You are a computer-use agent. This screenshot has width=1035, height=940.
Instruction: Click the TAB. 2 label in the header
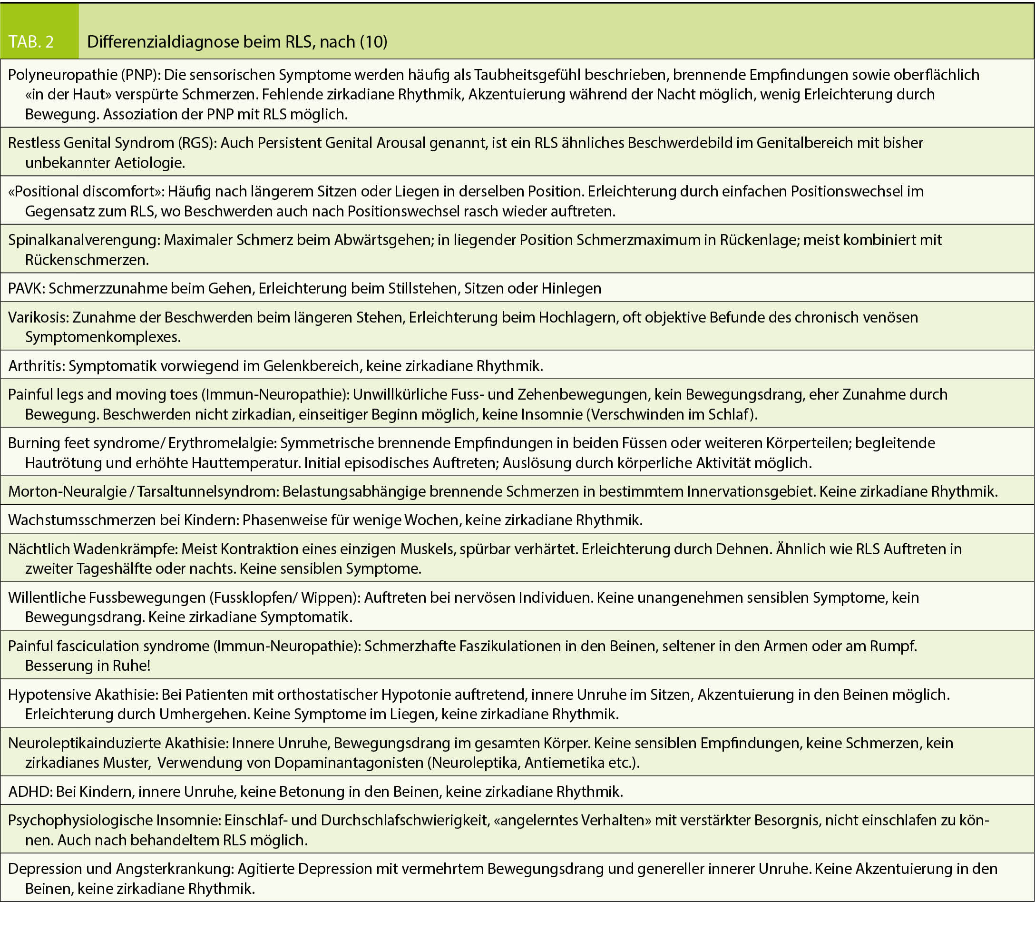coord(31,41)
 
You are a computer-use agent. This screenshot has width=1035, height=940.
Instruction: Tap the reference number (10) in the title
coord(373,41)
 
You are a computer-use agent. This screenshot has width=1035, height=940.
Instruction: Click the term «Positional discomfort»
coord(85,192)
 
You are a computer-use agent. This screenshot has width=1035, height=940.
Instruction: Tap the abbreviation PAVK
coord(26,289)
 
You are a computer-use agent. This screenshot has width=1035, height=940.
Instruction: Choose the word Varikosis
coord(38,317)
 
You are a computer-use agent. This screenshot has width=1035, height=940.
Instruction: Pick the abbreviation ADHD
coord(30,792)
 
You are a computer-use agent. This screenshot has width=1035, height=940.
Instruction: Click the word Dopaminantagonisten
coord(349,763)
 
